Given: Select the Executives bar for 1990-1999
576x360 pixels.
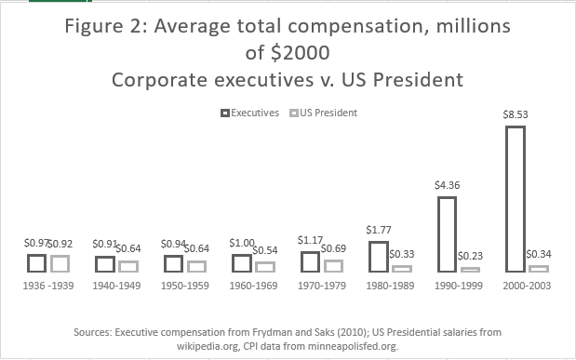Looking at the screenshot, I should (447, 233).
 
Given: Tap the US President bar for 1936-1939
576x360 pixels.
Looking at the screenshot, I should (59, 263).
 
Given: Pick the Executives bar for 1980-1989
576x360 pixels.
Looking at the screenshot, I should (378, 256).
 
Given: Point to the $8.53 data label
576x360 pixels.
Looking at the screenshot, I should (515, 116).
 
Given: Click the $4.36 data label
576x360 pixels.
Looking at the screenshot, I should (446, 186).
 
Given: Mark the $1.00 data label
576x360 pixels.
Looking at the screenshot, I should (241, 244).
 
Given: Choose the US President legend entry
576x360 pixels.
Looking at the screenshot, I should (326, 113).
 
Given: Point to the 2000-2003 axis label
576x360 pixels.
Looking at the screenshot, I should (526, 286).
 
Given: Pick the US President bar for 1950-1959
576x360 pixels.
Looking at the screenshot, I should (195, 266).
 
